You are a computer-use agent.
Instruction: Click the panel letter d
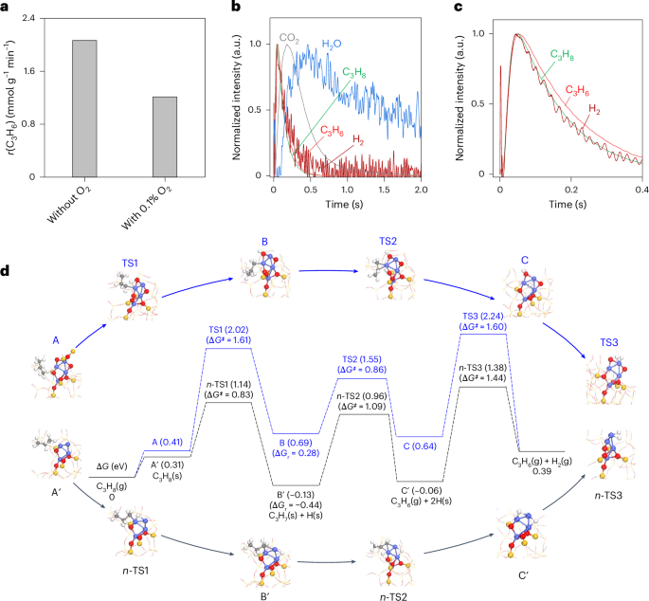pos(8,271)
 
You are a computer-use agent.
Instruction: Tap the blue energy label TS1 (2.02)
pos(228,330)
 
